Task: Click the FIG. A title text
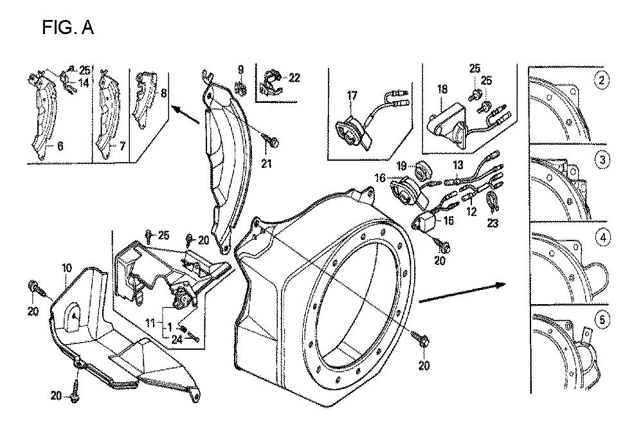[68, 28]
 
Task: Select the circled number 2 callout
[602, 80]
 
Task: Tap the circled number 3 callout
[602, 159]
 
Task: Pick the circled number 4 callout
[602, 239]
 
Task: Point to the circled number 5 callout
[602, 318]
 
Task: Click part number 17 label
[352, 96]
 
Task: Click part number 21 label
[266, 163]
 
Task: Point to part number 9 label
[241, 69]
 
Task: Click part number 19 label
[402, 166]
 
